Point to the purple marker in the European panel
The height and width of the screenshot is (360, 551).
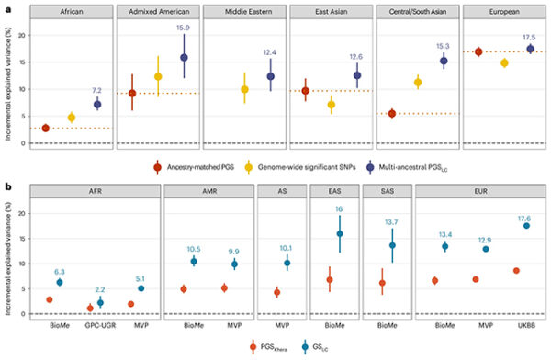[x=530, y=49]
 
